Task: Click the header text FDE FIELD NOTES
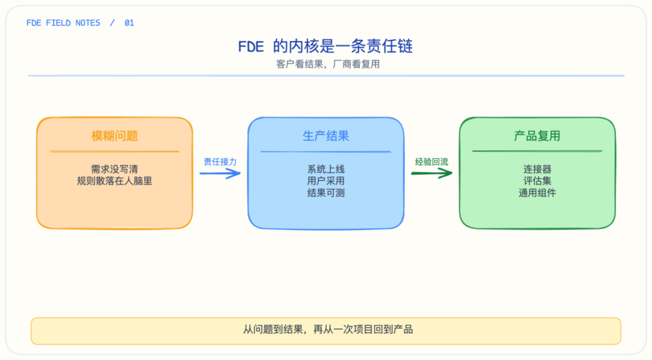coord(63,23)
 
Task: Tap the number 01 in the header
coord(129,23)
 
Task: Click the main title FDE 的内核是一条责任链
coord(325,46)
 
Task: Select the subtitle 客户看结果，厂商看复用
coord(328,64)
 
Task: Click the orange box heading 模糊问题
coord(114,136)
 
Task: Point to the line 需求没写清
coord(114,169)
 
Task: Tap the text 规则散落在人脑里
coord(114,181)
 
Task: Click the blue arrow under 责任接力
coord(220,173)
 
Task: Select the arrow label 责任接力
coord(220,162)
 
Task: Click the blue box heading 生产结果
coord(325,136)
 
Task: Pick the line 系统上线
coord(325,169)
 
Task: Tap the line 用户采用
coord(325,181)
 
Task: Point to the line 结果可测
coord(325,193)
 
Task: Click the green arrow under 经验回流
coord(432,173)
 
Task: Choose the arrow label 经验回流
coord(432,162)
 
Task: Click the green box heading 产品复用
coord(537,136)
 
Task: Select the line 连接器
coord(537,169)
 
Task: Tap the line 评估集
coord(537,181)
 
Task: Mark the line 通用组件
coord(537,193)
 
